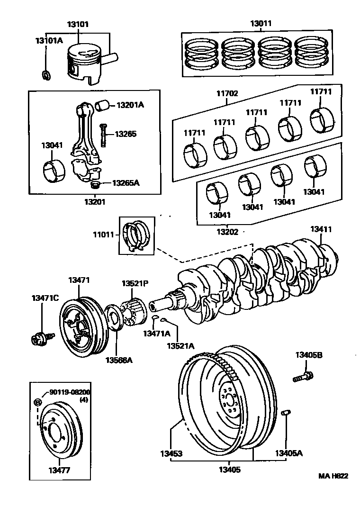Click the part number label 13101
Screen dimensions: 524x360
[78, 24]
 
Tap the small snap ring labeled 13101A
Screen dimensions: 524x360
[46, 74]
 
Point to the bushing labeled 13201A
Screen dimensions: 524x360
[103, 104]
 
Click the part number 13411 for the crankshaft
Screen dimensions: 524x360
[321, 229]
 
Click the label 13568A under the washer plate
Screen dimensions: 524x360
[119, 361]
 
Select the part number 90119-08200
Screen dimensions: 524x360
[70, 393]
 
